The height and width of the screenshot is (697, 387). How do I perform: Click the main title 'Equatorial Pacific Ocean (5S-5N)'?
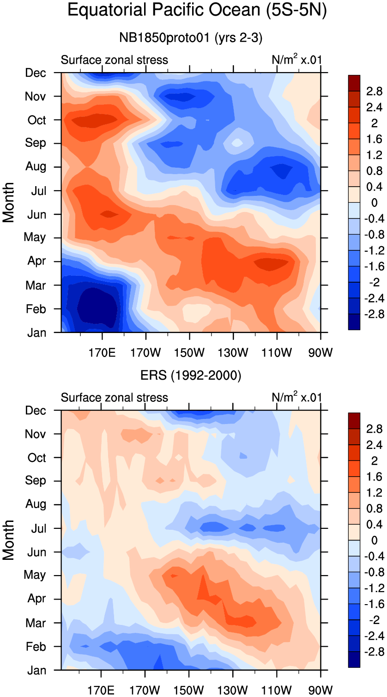click(197, 10)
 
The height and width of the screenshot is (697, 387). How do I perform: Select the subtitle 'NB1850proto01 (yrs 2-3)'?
click(191, 38)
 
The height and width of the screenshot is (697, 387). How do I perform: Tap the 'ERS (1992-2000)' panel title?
click(191, 376)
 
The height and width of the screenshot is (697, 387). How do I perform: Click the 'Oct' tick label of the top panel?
click(36, 120)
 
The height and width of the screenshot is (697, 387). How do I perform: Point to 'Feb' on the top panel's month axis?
click(36, 309)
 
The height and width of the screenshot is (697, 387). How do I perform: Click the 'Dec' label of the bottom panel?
click(36, 411)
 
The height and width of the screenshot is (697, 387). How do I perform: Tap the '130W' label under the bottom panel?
click(233, 691)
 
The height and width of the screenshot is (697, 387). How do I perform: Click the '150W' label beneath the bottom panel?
click(189, 691)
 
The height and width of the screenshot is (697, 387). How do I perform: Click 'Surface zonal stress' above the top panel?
click(115, 60)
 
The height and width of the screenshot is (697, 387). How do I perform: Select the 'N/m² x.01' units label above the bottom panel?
click(297, 397)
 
